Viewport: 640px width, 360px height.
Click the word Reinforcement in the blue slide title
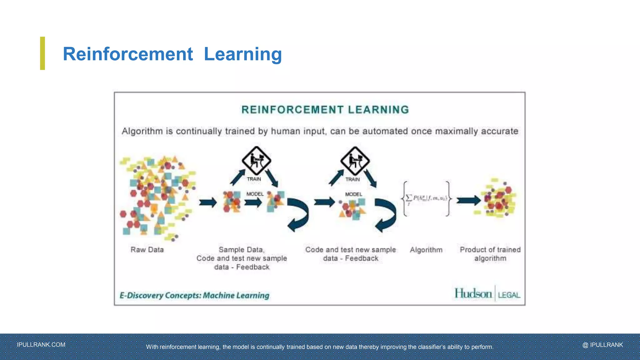128,54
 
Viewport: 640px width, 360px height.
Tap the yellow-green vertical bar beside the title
42,53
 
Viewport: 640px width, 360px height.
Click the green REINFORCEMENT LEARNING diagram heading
325,110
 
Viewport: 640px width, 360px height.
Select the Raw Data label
147,250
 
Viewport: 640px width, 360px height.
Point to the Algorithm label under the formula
426,250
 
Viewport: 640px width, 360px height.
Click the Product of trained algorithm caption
490,254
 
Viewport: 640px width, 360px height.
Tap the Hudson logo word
473,293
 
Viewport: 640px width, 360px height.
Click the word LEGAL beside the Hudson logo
509,295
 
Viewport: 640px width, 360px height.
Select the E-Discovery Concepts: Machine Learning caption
194,295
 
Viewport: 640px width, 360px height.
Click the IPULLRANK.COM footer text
41,345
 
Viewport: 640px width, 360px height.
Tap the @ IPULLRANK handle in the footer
602,345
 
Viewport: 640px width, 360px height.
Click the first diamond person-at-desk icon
256,161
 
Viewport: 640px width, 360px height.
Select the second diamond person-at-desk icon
355,161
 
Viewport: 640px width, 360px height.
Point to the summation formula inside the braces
427,198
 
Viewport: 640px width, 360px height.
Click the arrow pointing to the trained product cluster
468,200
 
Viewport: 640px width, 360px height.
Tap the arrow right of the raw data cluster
208,202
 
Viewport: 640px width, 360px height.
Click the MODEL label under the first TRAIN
255,194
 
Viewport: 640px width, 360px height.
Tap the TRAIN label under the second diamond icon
352,179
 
